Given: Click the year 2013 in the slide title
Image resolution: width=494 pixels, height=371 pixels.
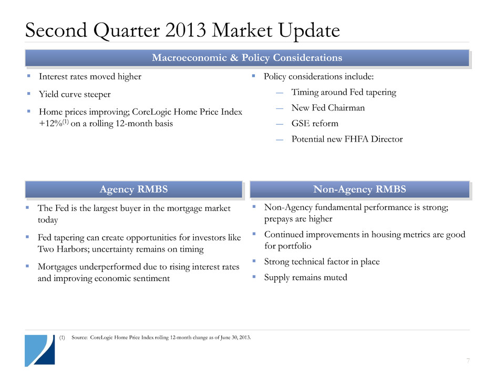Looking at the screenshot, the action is tap(185, 31).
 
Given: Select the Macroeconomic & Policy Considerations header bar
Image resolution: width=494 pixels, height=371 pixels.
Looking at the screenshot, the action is tap(248, 58).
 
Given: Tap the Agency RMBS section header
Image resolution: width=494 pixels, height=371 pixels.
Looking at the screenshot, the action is tap(133, 189).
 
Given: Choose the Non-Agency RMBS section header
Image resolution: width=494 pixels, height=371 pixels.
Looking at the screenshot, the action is tap(359, 189).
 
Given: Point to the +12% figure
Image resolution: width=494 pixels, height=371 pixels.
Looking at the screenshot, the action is tap(50, 123).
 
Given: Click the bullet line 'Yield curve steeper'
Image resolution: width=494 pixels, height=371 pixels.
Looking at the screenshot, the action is tap(75, 94).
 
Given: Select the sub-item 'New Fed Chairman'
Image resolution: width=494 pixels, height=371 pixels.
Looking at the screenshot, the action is tap(328, 108).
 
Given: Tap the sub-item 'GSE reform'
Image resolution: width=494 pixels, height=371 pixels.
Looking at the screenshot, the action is tap(315, 123).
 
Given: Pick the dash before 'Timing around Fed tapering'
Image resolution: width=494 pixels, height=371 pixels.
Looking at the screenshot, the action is tap(279, 93).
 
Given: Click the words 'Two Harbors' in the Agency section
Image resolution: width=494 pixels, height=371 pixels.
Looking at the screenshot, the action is tap(62, 249).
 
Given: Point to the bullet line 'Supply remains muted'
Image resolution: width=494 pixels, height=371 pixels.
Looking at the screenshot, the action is tap(306, 278).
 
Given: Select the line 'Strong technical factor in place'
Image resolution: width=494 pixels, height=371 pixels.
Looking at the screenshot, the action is tap(322, 262).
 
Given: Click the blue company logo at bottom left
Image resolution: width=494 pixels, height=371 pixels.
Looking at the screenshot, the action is tap(40, 350).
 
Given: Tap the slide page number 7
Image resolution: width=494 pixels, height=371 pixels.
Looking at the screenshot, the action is tap(468, 360).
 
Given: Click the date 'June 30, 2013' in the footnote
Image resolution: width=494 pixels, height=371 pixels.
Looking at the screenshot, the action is tap(235, 337).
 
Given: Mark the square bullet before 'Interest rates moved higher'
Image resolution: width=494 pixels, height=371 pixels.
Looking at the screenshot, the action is tap(29, 76).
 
